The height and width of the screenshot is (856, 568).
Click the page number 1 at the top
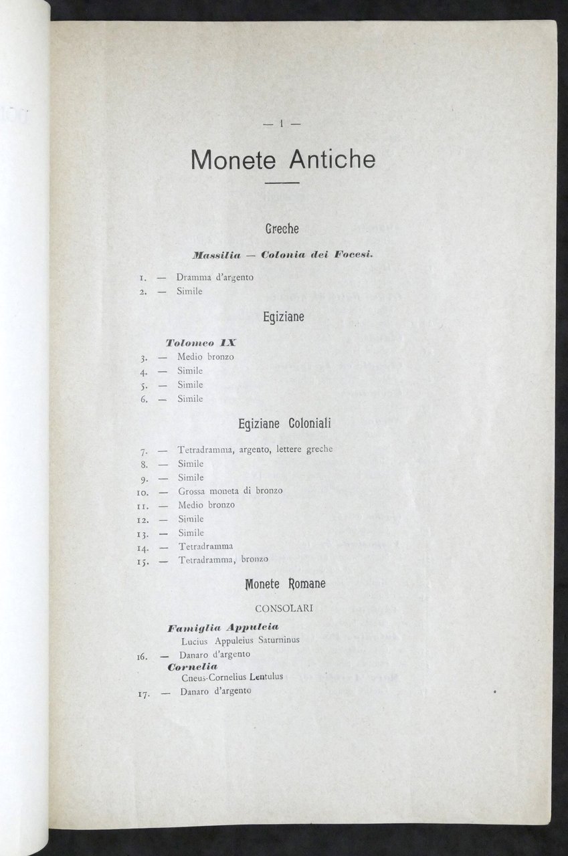point(282,122)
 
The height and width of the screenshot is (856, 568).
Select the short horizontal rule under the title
point(282,183)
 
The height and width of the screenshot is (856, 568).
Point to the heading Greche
point(282,229)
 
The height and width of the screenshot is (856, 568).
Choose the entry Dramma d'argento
point(215,277)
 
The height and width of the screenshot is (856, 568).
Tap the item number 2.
point(144,292)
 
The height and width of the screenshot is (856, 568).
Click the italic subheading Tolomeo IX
point(201,342)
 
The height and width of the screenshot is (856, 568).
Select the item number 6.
point(144,399)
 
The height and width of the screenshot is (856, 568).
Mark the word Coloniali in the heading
point(307,424)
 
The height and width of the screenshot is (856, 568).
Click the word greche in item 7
point(319,449)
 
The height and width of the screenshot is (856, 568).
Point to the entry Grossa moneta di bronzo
point(230,491)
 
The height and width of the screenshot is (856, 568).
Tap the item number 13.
point(142,533)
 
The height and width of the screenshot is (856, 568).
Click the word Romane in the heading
point(307,584)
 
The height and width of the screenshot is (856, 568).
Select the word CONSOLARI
point(282,609)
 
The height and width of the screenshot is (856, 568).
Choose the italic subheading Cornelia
point(193,667)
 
